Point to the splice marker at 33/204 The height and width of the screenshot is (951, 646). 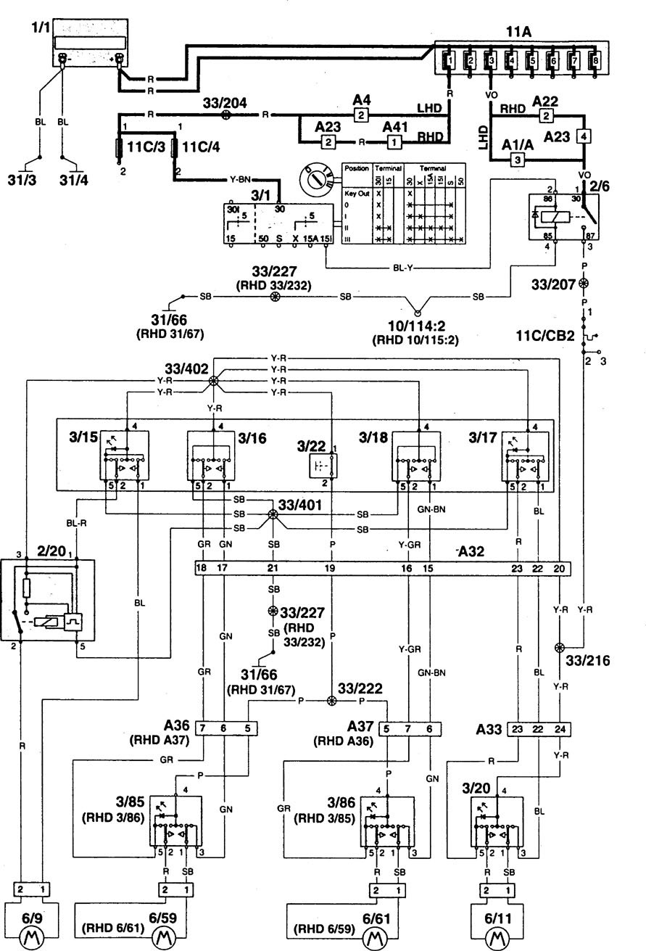click(x=225, y=115)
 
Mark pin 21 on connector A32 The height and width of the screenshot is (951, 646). click(x=273, y=569)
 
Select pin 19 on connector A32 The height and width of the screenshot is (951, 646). click(x=331, y=569)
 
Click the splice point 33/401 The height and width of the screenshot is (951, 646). click(x=273, y=514)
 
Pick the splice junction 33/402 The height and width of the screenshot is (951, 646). click(x=214, y=381)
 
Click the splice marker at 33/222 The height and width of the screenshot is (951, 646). click(x=332, y=701)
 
